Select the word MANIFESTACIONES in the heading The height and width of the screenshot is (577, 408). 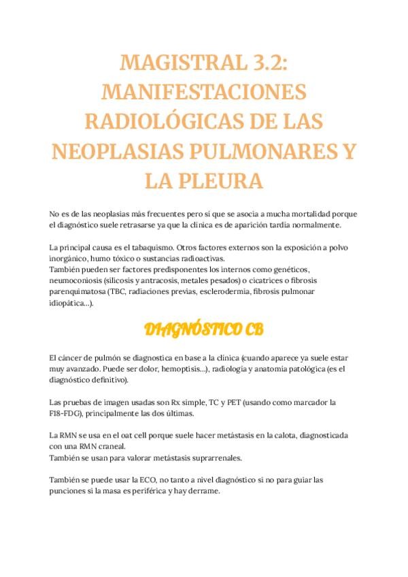click(204, 93)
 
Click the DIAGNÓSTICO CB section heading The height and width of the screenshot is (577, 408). click(204, 331)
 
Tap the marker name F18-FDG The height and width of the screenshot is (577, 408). click(66, 413)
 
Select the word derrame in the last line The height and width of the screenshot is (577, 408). click(204, 491)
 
